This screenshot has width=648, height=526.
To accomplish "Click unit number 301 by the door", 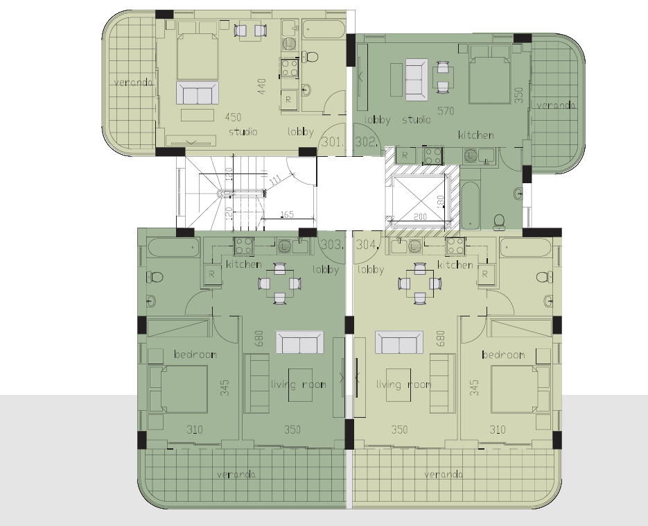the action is pyautogui.click(x=333, y=142).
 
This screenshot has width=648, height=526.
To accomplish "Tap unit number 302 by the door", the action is pyautogui.click(x=367, y=142).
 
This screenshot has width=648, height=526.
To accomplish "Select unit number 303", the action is pyautogui.click(x=333, y=244).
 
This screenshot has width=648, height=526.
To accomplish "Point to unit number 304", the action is pyautogui.click(x=367, y=244).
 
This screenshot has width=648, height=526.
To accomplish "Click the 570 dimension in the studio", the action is pyautogui.click(x=446, y=111).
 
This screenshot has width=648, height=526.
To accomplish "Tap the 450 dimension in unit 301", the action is pyautogui.click(x=233, y=117).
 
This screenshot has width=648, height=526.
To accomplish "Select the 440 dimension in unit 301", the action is pyautogui.click(x=261, y=87).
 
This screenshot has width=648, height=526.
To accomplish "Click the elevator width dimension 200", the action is pyautogui.click(x=420, y=217).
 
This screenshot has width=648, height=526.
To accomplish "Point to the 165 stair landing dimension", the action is pyautogui.click(x=287, y=214).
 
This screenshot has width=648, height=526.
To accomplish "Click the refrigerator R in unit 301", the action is pyautogui.click(x=288, y=100).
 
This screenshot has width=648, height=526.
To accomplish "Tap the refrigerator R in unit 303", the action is pyautogui.click(x=211, y=274).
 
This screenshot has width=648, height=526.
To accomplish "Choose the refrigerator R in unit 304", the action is pyautogui.click(x=485, y=274).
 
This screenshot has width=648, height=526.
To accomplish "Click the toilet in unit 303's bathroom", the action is pyautogui.click(x=156, y=277).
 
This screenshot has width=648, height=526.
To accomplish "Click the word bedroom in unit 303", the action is pyautogui.click(x=195, y=355).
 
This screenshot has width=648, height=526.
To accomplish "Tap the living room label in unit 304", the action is pyautogui.click(x=404, y=384).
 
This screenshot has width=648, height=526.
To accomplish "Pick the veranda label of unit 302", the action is pyautogui.click(x=556, y=105).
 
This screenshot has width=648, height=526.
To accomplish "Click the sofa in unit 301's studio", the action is pyautogui.click(x=198, y=93).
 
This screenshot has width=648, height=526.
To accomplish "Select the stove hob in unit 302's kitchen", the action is pyautogui.click(x=432, y=156).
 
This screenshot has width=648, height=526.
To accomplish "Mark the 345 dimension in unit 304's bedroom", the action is pyautogui.click(x=475, y=388).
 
